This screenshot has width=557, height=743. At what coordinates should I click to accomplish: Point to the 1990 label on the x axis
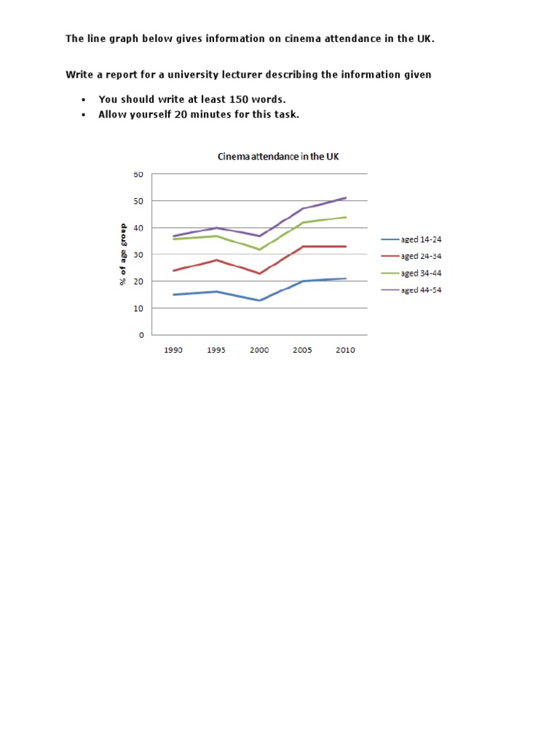pos(173,350)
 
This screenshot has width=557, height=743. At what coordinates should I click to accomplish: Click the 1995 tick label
pos(216,350)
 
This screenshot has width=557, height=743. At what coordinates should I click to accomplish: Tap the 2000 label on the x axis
pos(259,350)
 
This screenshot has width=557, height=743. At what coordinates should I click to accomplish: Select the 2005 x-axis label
pos(302,350)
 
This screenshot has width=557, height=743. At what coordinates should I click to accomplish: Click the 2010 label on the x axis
pos(345,350)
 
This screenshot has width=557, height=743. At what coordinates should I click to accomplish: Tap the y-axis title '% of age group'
pos(123,255)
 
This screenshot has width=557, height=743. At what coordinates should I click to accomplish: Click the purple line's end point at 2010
pos(345,197)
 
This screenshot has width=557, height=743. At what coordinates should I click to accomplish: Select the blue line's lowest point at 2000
pos(259,300)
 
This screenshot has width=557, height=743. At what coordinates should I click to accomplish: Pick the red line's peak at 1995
pos(216,260)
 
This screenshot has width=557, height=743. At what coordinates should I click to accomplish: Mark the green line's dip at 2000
pos(259,250)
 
